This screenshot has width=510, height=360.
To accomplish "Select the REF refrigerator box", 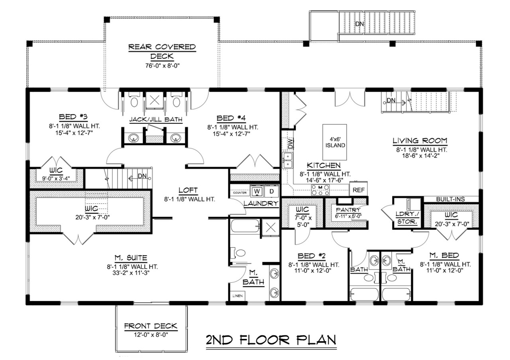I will [359, 190].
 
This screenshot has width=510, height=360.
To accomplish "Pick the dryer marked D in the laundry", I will [272, 191].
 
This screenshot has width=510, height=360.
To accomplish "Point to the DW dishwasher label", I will [290, 144].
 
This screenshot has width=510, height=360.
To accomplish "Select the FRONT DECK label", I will [151, 326].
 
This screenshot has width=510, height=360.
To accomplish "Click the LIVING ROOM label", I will [420, 141].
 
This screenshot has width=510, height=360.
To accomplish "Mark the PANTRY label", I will [348, 210].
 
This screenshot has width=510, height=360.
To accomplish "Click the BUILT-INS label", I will [451, 199].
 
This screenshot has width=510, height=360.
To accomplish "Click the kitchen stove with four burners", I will [320, 190].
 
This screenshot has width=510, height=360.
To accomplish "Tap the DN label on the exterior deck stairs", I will [359, 24].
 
